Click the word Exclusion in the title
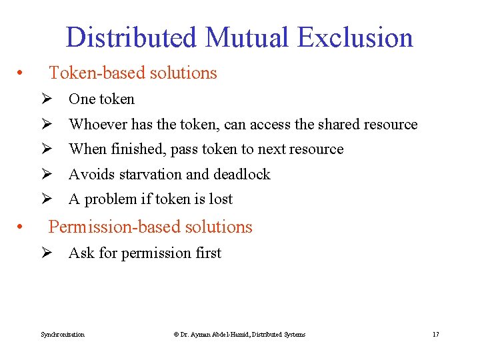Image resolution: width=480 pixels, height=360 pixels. point(355,37)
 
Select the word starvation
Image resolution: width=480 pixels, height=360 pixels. point(151,175)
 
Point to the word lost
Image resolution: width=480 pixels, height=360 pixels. point(221,199)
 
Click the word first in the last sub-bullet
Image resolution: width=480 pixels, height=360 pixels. point(207,253)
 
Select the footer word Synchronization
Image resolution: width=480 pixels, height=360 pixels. point(63,334)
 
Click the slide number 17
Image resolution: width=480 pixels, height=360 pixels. point(435,334)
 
